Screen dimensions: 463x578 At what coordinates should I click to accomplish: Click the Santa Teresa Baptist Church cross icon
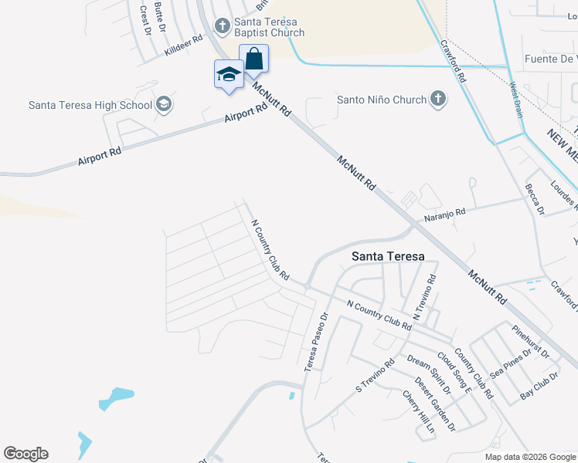(223, 26)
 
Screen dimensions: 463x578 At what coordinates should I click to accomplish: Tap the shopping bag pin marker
(253, 59)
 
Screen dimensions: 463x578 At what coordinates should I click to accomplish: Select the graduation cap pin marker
(229, 75)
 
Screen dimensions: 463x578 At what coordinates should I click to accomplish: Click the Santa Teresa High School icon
(163, 104)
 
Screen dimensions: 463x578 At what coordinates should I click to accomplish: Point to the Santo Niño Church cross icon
(438, 99)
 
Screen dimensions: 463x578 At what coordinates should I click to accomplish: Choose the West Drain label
(515, 100)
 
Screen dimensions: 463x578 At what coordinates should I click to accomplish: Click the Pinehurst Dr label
(531, 342)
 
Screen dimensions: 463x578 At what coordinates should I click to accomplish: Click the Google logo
(25, 454)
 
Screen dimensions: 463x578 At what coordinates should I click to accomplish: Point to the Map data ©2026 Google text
(529, 457)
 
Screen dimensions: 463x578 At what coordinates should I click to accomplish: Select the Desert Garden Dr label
(434, 403)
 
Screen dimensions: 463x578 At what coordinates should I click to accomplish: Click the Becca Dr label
(535, 199)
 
